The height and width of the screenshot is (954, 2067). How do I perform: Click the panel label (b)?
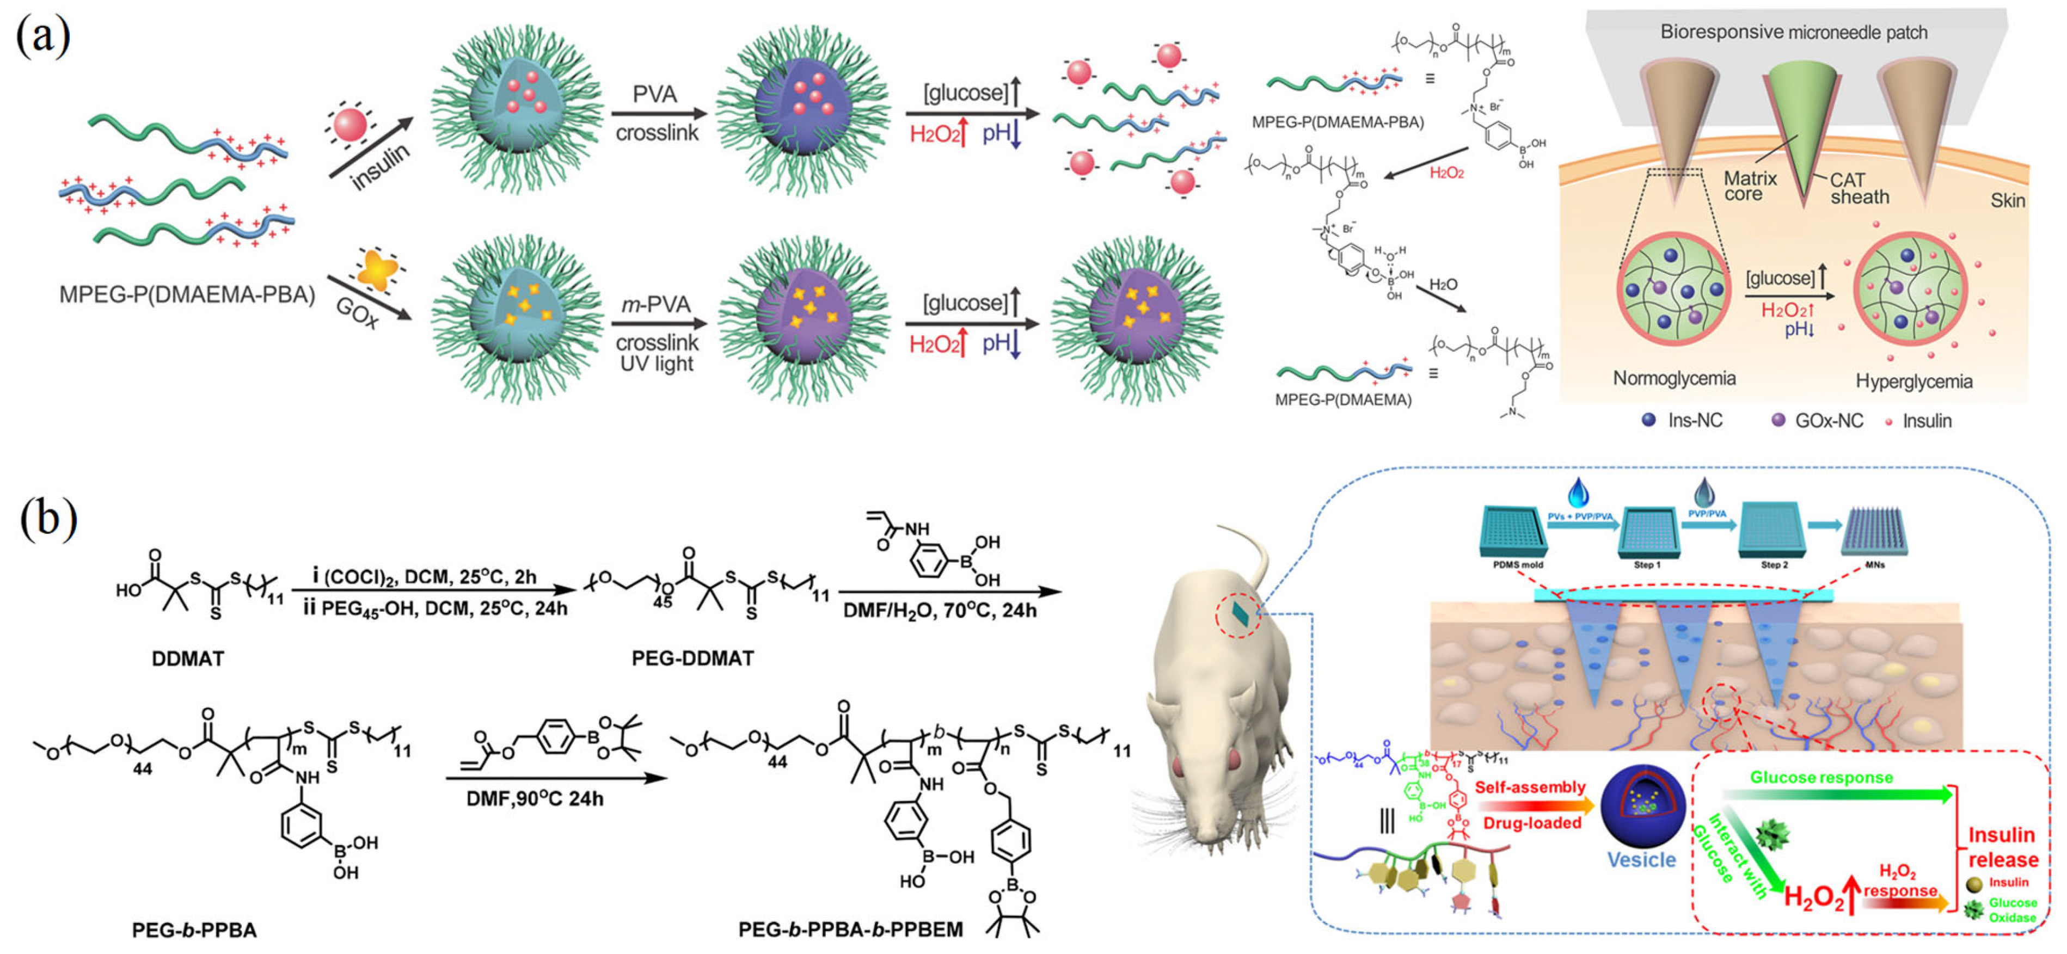click(48, 518)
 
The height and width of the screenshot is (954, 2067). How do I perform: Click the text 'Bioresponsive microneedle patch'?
click(1793, 32)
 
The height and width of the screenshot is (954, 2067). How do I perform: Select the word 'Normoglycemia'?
click(1674, 378)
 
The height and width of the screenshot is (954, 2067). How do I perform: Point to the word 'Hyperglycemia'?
click(1913, 381)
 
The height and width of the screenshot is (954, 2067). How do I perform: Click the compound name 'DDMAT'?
click(188, 658)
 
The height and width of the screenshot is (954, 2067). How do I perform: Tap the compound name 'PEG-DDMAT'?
click(692, 658)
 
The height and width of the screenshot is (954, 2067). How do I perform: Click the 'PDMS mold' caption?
click(1517, 565)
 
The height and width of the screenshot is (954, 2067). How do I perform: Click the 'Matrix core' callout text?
click(1749, 186)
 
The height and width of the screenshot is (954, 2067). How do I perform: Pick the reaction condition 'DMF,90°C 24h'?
click(535, 798)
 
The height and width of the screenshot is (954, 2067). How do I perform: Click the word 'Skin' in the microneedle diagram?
click(2008, 201)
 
